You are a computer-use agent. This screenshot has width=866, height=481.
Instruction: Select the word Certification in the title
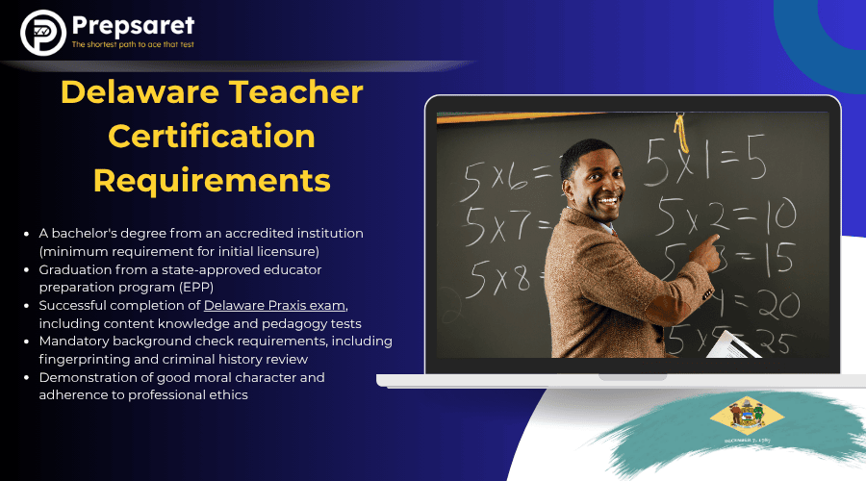click(x=212, y=136)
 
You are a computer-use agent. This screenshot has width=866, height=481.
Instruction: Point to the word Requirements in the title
click(x=212, y=179)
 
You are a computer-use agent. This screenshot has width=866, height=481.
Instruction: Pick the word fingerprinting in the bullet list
click(x=80, y=359)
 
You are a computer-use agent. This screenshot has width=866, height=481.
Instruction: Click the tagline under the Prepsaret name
click(x=133, y=45)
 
